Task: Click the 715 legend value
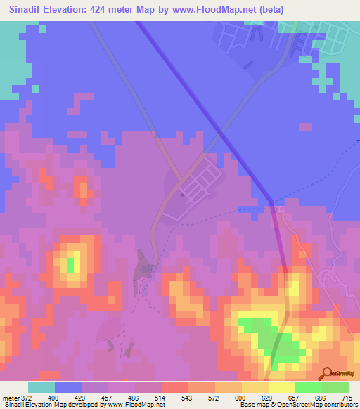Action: coord(347,398)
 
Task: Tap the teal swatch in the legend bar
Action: coord(41,387)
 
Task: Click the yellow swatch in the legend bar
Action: coord(255,387)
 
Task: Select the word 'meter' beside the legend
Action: coord(11,398)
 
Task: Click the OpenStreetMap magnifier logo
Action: coord(326,374)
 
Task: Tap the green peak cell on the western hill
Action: coord(70,265)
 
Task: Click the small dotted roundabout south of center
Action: coord(146,268)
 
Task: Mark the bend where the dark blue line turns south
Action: coord(271,204)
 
